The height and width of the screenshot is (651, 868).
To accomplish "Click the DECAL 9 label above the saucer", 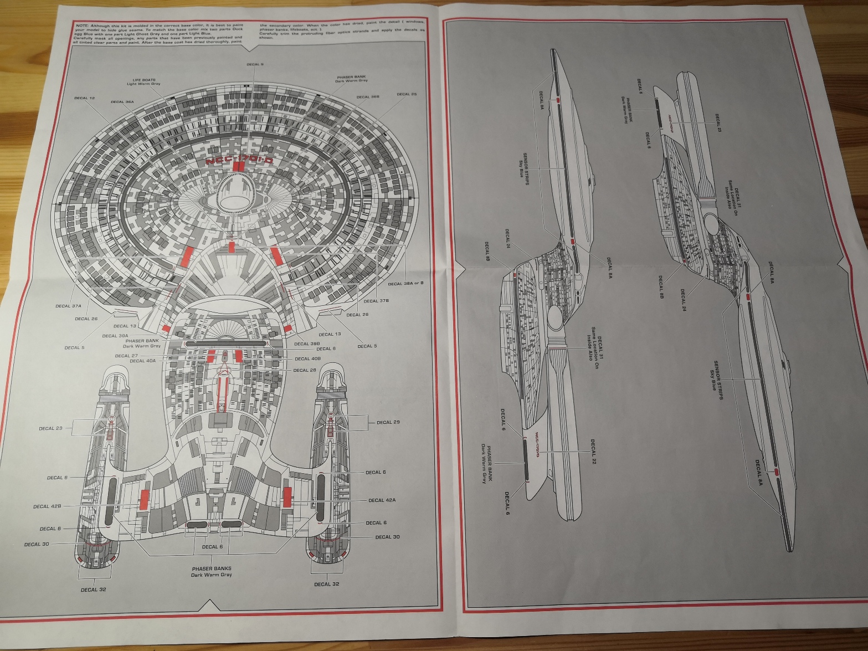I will tap(255, 64).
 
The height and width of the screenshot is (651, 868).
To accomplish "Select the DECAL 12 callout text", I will tap(84, 98).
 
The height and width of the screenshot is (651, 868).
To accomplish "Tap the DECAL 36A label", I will tap(122, 102).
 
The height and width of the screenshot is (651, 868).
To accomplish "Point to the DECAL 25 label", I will tap(407, 94).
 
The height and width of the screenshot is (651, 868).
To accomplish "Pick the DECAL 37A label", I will tap(68, 306).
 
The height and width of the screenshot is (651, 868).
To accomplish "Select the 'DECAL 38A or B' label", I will tap(405, 284).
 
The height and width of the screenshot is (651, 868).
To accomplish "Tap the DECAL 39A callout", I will tap(115, 336).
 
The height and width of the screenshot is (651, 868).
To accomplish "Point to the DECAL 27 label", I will tap(126, 356).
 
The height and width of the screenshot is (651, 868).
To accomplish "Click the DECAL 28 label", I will tap(305, 370).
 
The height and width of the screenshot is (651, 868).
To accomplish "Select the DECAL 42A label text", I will tap(382, 500).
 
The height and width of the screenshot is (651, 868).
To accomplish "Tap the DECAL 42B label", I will tap(47, 506).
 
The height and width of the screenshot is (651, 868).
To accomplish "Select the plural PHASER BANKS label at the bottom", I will tap(212, 568).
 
